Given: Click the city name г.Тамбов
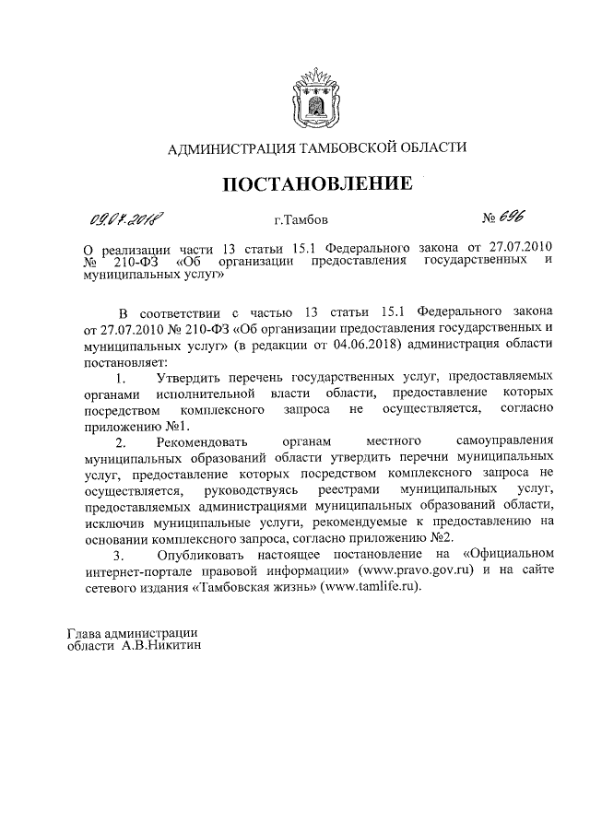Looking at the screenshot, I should [x=294, y=221].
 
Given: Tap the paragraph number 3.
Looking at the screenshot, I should [x=117, y=556].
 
